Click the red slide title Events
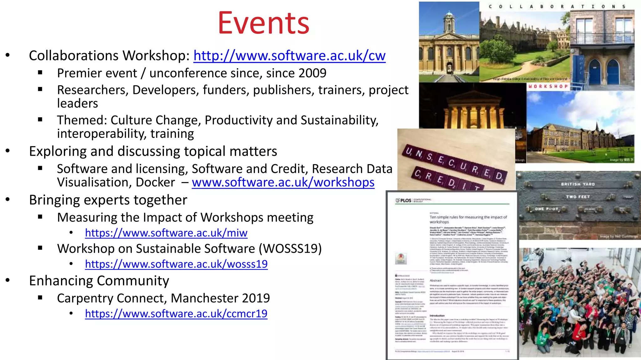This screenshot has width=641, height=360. tap(264, 23)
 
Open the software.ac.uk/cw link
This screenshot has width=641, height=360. tap(289, 56)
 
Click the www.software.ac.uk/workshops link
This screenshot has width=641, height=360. tap(283, 182)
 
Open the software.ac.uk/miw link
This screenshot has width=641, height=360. tap(166, 233)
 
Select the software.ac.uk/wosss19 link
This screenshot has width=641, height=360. tap(176, 264)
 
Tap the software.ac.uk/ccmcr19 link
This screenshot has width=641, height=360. tap(176, 313)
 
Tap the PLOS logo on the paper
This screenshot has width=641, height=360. tap(404, 200)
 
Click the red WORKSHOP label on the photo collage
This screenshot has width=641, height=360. tap(548, 86)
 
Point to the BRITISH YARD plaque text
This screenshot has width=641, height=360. tap(577, 184)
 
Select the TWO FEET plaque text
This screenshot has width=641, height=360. tap(577, 197)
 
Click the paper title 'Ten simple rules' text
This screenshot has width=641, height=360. tap(468, 219)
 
